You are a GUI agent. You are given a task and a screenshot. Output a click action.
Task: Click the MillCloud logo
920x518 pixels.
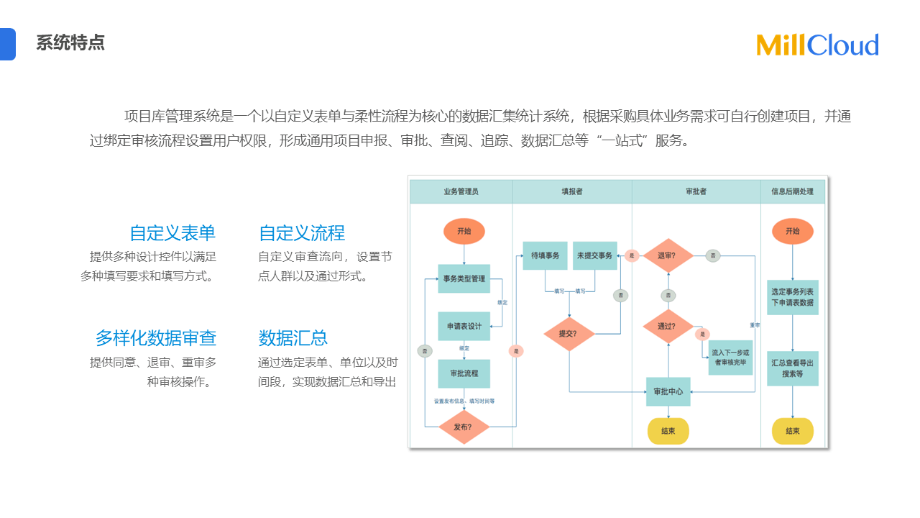pos(817,45)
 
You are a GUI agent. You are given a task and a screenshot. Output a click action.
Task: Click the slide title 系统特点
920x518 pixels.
pos(70,42)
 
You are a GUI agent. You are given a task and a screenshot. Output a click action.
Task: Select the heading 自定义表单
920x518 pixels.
pos(172,233)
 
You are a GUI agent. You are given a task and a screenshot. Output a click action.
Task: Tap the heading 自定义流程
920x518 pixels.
pos(302,233)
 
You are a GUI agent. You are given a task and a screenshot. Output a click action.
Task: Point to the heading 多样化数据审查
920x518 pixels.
pos(156,338)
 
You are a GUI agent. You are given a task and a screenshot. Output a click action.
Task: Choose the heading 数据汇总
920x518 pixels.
pos(293,338)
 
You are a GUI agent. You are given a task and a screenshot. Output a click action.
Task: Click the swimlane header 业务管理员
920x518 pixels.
pos(461,192)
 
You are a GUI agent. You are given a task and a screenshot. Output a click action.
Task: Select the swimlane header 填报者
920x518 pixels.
pos(572,192)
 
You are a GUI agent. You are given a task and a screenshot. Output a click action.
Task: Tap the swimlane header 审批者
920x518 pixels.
pos(696,192)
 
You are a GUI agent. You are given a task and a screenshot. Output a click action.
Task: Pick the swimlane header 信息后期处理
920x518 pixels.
pos(792,192)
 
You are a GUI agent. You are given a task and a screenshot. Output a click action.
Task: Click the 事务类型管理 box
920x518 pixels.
pos(464,278)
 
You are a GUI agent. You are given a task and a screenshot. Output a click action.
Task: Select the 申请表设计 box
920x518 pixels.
pos(464,326)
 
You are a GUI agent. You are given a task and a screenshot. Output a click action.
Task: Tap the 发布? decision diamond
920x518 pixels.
pos(464,427)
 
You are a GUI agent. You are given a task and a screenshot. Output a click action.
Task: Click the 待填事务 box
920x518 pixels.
pos(545,255)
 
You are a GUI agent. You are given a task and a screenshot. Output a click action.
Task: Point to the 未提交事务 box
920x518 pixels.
pos(594,255)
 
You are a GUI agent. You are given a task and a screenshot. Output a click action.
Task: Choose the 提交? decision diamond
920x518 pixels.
pos(569,334)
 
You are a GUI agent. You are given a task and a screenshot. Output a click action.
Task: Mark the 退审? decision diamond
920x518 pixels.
pos(668,255)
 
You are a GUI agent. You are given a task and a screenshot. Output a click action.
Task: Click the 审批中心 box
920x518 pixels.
pos(668,391)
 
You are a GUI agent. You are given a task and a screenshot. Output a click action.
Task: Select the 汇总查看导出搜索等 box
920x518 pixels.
pos(792,368)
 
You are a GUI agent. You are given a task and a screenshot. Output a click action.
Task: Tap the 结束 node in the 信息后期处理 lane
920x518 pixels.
pos(792,431)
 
